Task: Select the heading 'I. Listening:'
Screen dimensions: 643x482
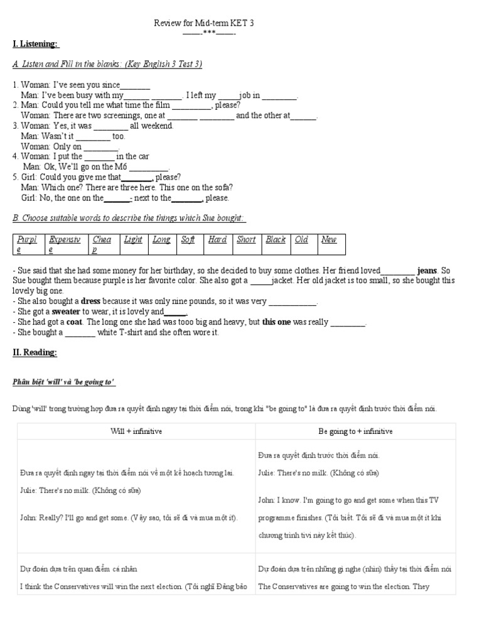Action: (x=35, y=43)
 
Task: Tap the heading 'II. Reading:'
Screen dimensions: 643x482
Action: (x=35, y=353)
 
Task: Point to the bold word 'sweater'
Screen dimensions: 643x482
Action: (x=66, y=311)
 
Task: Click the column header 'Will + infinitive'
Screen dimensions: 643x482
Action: (x=136, y=431)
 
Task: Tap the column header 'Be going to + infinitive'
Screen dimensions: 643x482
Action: (x=356, y=431)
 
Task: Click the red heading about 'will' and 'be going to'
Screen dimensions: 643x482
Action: (x=64, y=383)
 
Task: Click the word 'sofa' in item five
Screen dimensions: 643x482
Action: (x=222, y=187)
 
